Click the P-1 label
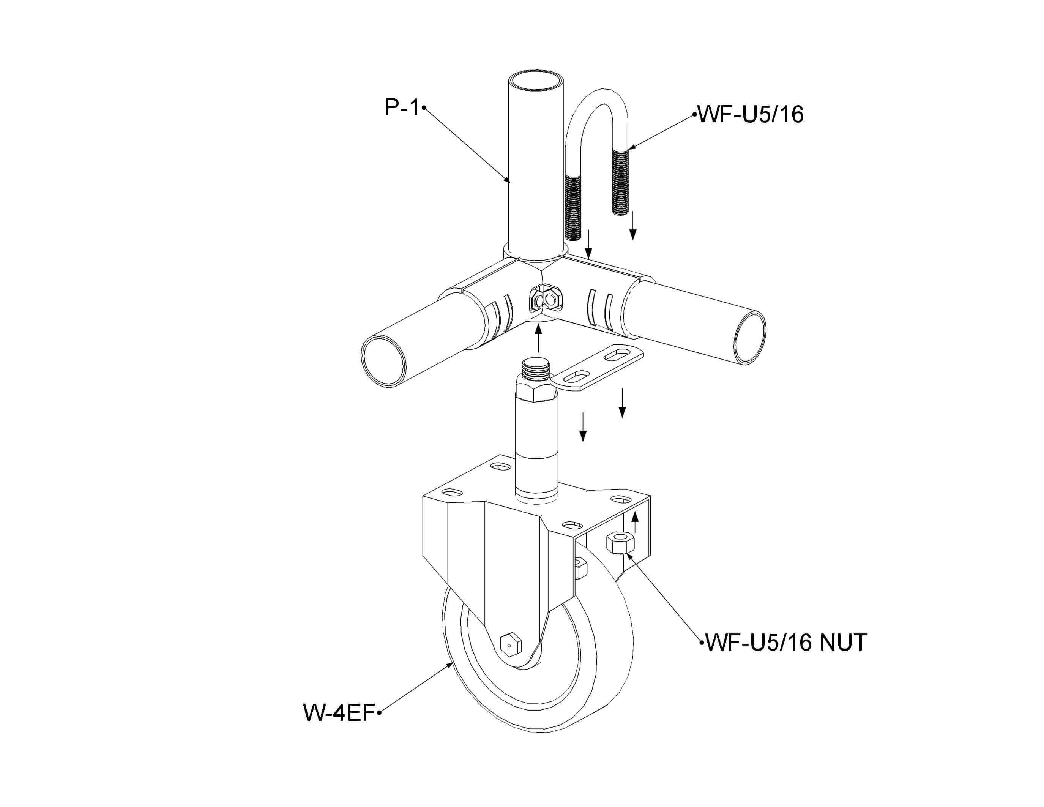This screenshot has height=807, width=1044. [402, 108]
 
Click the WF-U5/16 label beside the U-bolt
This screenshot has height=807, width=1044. [751, 115]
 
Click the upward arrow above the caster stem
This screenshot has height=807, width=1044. [539, 338]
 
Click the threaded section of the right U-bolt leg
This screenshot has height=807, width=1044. [621, 181]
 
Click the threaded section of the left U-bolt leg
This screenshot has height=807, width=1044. [574, 206]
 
